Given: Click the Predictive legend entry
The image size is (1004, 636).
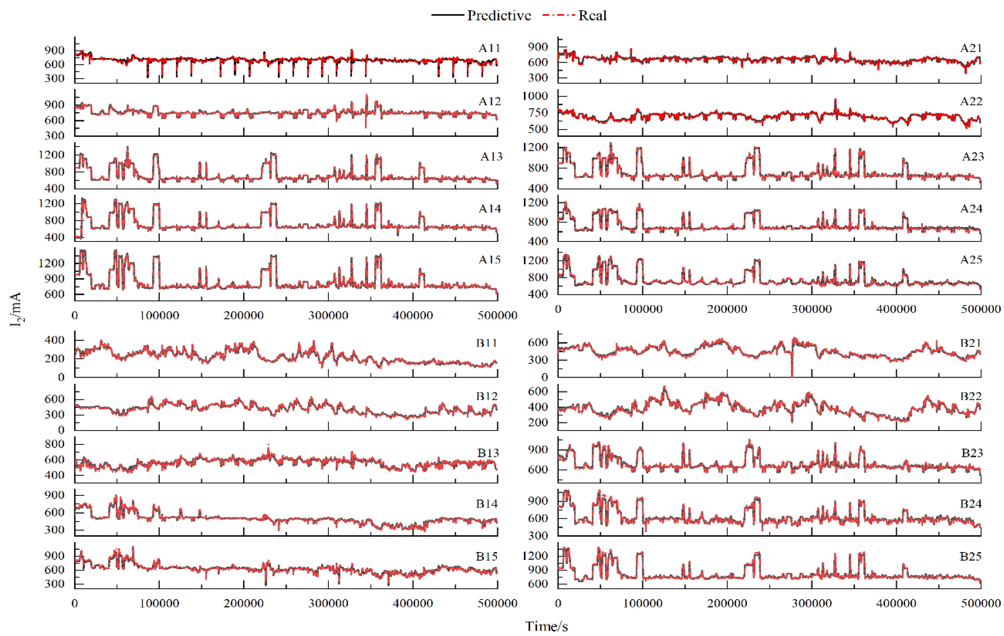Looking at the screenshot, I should point(499,16).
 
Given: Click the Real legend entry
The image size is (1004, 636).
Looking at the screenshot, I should point(592,16).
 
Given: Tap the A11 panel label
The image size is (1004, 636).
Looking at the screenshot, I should point(489,48).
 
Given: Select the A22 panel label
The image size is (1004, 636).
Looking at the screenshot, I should point(971,101).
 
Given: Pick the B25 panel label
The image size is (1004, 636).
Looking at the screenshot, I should point(971,556).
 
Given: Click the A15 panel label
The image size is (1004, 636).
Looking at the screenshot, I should point(489,260).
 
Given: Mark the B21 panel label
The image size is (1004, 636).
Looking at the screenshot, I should point(971,343).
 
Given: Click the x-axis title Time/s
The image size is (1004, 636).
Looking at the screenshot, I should point(546,626).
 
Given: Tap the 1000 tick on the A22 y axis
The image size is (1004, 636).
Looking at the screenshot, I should point(535,96).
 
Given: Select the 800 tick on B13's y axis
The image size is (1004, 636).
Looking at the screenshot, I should point(55,444).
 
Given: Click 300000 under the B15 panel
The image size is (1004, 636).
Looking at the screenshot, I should point(328,603).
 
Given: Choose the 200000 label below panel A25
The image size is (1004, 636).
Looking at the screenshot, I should point(727,309).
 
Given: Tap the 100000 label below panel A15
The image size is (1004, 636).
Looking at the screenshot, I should point(159,315).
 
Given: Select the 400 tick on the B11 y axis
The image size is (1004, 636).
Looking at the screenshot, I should point(55,340).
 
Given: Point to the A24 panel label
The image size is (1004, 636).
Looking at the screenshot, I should point(971,208).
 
